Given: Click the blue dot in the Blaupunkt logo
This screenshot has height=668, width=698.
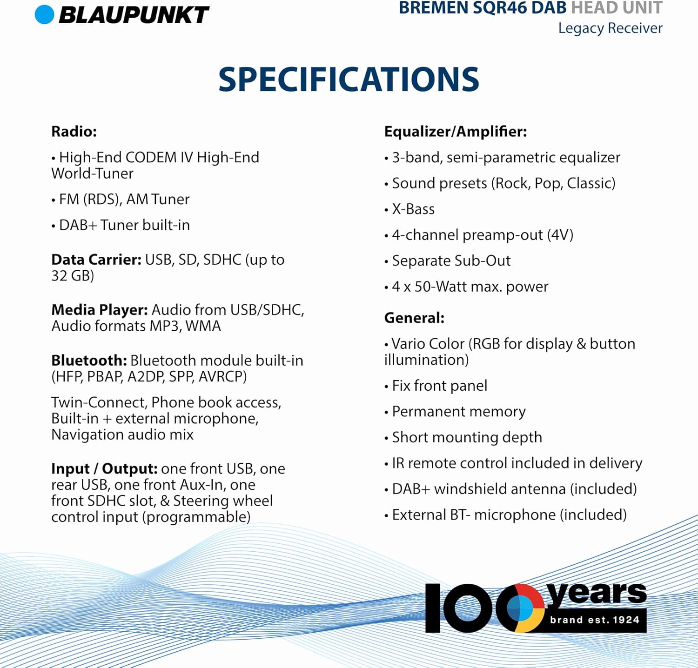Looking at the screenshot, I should (x=45, y=14).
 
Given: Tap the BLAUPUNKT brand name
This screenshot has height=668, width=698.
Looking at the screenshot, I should (x=134, y=15).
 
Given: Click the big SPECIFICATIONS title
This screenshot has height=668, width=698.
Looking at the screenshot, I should (x=349, y=79).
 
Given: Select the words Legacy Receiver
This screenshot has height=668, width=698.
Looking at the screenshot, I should (x=610, y=28).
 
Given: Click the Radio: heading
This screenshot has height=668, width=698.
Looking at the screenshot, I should (x=74, y=132).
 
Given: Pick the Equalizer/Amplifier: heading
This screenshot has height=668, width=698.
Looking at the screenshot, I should (x=455, y=132).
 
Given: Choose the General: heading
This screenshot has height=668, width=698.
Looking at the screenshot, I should (x=414, y=318).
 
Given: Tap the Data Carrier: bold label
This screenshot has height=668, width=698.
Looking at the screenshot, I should (x=96, y=260).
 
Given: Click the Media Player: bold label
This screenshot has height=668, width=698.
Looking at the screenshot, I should (x=100, y=310).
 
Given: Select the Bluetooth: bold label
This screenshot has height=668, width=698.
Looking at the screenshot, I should (x=89, y=361).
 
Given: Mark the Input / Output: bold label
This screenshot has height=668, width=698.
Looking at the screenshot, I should (x=104, y=469).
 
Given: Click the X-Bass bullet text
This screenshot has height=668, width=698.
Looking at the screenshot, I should (x=413, y=209).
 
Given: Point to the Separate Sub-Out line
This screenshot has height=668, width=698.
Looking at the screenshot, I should (x=451, y=261).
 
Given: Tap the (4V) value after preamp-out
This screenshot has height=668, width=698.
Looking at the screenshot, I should (x=560, y=235).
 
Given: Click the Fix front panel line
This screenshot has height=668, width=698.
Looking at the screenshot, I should (x=439, y=386).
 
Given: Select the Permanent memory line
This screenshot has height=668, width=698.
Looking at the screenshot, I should (x=458, y=412).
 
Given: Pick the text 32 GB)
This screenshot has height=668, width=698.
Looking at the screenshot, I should (x=73, y=276).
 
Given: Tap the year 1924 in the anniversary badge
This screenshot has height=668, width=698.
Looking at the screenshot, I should (x=626, y=620).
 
